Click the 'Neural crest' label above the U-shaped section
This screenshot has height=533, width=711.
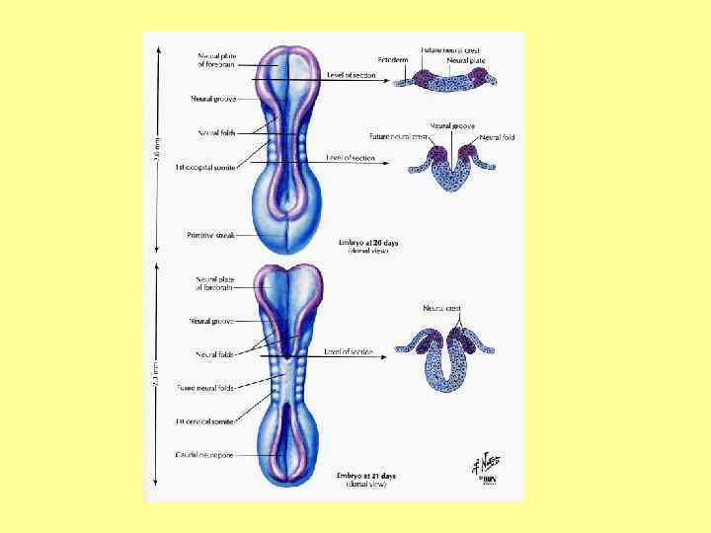pyautogui.click(x=441, y=309)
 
